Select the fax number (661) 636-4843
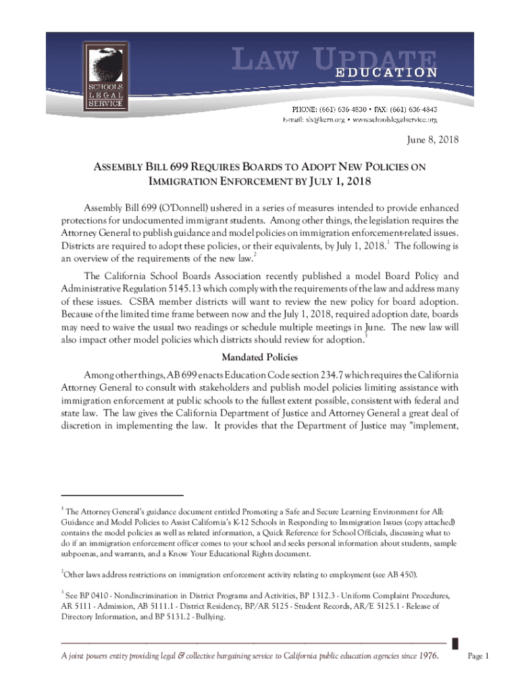tap(413, 109)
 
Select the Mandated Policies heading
tap(260, 357)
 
